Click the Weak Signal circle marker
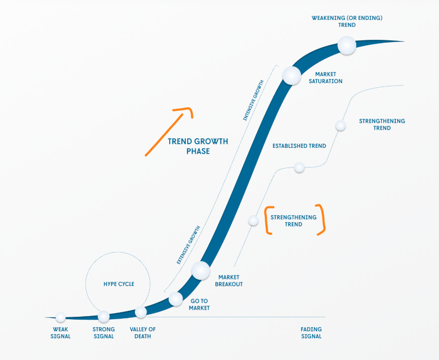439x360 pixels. point(61,317)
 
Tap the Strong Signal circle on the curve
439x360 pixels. point(104,316)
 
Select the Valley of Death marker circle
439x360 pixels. point(141,312)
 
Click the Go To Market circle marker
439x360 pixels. point(176,299)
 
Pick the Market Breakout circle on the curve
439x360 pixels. point(201,270)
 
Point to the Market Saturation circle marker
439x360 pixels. point(292,75)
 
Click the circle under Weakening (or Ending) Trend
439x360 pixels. point(347,46)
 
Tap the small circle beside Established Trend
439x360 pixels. point(299,168)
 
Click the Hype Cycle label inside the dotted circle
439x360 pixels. point(119,284)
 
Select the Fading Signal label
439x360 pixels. point(311,333)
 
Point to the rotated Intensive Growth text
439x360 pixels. point(254,105)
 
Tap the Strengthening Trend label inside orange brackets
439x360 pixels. point(293,221)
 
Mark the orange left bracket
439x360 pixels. point(268,220)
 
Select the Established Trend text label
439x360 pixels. point(299,146)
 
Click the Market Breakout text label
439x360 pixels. point(229,281)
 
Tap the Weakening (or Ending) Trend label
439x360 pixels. point(347,21)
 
